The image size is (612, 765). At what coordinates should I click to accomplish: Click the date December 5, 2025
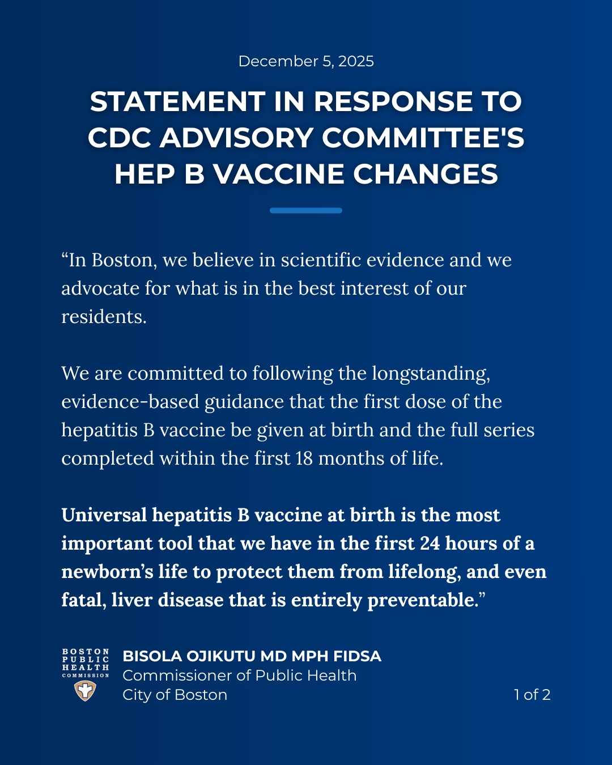(x=306, y=61)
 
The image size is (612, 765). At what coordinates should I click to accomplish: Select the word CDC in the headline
(x=120, y=138)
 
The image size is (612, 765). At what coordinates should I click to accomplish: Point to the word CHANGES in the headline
(x=426, y=175)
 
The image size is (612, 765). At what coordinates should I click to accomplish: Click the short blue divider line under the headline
(x=306, y=211)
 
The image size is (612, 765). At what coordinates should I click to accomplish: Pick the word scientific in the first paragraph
(x=321, y=260)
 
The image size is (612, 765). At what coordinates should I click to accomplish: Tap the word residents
(x=104, y=317)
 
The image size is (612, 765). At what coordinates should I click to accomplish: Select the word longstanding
(x=431, y=374)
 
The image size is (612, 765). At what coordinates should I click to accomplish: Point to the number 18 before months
(x=304, y=458)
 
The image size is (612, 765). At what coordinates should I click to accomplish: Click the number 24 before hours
(x=430, y=543)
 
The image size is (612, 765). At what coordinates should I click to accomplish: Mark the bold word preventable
(x=422, y=600)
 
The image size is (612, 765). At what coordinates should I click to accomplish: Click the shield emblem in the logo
(x=85, y=691)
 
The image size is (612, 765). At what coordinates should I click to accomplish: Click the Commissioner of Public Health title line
(x=239, y=675)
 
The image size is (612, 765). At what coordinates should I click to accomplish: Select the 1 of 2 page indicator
(x=532, y=695)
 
